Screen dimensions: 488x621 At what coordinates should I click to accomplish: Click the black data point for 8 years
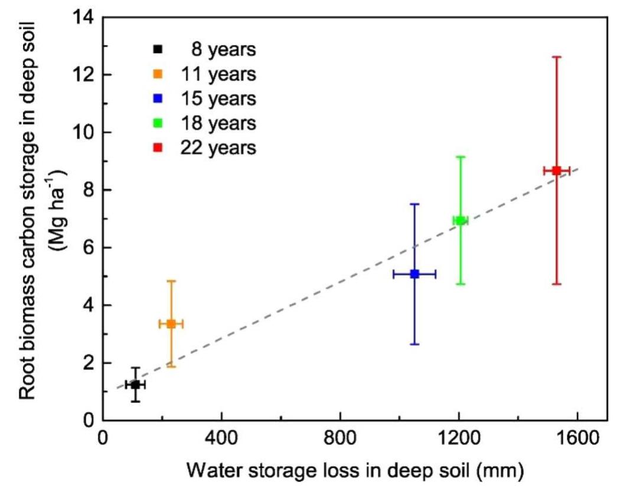click(x=135, y=384)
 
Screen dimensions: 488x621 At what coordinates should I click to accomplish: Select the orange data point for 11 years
click(x=171, y=323)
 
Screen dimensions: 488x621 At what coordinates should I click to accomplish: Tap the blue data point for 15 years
click(x=414, y=274)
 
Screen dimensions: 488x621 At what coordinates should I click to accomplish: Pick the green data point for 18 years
click(x=460, y=220)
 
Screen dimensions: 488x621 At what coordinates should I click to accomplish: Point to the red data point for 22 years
click(x=556, y=171)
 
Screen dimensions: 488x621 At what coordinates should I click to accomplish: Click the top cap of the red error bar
click(x=556, y=57)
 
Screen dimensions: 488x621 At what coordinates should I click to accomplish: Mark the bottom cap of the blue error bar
click(x=414, y=344)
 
